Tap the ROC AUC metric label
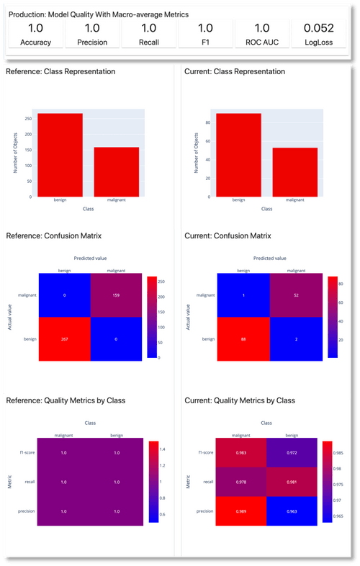click(261, 42)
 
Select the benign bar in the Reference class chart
click(60, 155)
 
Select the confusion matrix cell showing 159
click(116, 296)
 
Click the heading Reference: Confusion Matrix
click(54, 235)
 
